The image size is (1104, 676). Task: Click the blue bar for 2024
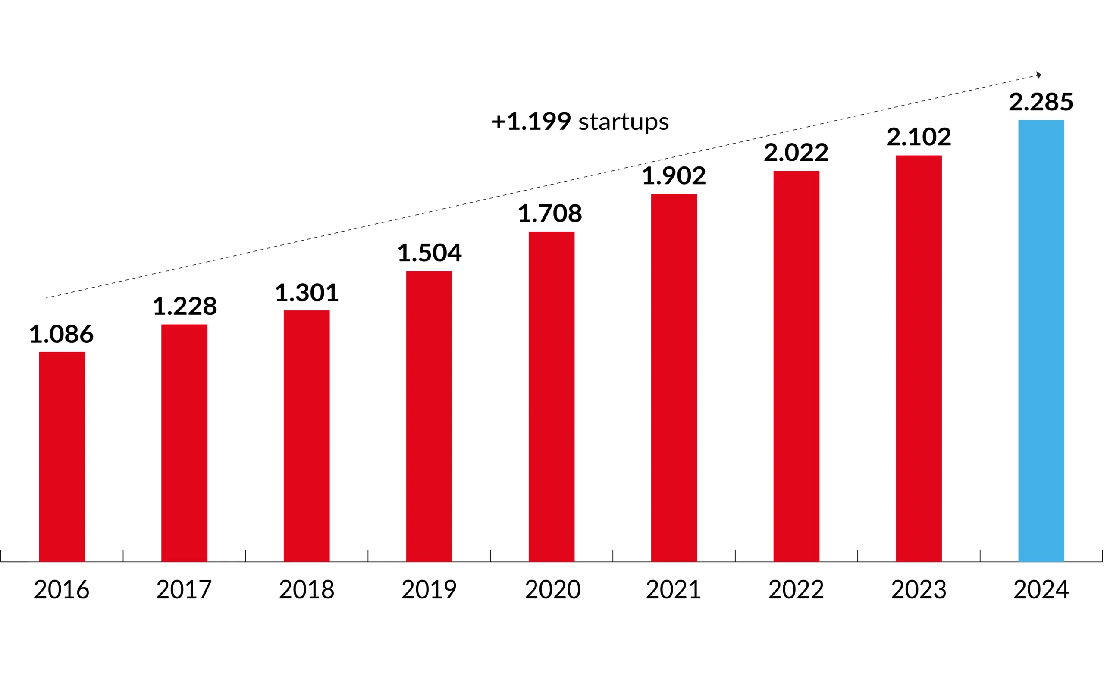point(1041,341)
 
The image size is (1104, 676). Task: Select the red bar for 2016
point(62,457)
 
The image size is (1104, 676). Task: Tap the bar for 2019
point(429,416)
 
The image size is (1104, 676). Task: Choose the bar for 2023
point(919,358)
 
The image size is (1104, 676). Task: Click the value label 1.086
point(61,334)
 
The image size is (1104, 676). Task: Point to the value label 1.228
point(185,307)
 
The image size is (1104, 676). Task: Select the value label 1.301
point(307,293)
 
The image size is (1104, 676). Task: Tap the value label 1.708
point(550,214)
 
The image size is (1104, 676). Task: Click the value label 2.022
point(796,153)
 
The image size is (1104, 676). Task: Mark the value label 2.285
point(1041,102)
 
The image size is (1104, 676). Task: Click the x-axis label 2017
point(184,589)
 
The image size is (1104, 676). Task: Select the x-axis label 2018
point(307,589)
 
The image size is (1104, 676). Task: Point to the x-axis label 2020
point(552,589)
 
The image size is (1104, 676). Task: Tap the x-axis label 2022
point(796,589)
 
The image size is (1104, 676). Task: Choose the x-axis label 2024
point(1041,589)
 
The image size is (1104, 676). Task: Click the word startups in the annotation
point(623,122)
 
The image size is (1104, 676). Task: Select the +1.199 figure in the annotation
point(531,122)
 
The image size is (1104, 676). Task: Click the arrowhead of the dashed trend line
point(1038,75)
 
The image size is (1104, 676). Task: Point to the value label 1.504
point(429,253)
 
